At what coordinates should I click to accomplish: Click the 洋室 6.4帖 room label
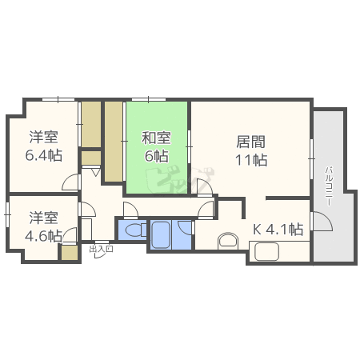point(44,146)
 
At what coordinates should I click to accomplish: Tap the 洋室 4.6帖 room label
point(44,226)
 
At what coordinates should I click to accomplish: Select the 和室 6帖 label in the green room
point(156,147)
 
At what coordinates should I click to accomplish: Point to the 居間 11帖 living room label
point(251,150)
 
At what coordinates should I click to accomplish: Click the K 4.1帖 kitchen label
point(278,229)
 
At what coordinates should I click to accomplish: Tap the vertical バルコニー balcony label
point(330,186)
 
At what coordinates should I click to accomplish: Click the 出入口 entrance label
point(101,250)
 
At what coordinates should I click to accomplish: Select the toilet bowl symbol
point(135,230)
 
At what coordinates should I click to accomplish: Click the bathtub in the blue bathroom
point(160,234)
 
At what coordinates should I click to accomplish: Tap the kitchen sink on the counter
point(267,252)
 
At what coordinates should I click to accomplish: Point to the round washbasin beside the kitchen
point(228,241)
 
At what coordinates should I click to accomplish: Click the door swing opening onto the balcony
point(322,221)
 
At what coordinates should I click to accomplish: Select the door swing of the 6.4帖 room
point(71,182)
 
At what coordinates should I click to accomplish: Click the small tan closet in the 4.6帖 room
point(70,253)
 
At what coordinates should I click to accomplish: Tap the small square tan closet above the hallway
point(91,158)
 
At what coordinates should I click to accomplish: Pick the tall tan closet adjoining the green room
point(114,142)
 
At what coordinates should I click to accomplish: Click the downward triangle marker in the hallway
point(96,172)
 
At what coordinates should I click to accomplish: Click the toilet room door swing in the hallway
point(130,210)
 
